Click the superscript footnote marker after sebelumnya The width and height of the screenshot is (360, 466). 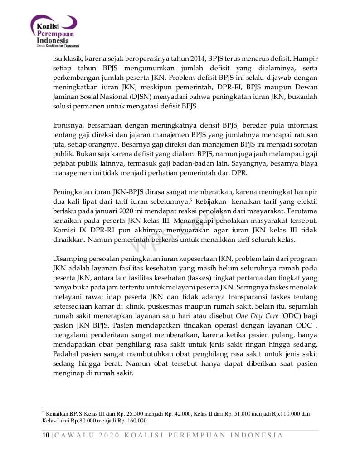coord(191,200)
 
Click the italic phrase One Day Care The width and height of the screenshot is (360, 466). coord(258,316)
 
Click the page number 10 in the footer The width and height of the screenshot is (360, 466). coord(45,435)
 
